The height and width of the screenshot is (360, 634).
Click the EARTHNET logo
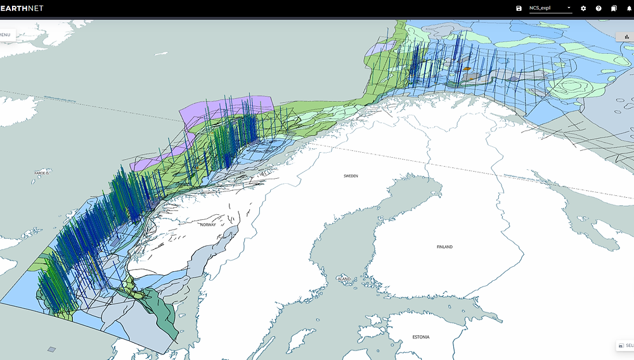[22, 8]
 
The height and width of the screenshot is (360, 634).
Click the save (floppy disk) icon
[519, 8]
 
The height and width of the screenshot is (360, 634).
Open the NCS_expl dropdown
[550, 8]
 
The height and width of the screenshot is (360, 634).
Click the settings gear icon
[583, 8]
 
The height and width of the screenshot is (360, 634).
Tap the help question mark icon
[598, 8]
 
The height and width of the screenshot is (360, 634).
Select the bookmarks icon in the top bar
[614, 8]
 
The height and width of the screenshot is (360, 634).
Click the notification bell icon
[629, 8]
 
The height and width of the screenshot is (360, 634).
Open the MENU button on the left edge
[6, 34]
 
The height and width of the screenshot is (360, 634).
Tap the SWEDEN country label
[351, 176]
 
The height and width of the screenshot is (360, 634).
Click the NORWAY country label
[208, 224]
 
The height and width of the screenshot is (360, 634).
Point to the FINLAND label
[444, 247]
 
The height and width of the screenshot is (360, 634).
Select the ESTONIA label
[420, 337]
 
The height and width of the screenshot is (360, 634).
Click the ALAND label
[344, 278]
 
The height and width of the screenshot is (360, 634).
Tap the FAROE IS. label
[42, 172]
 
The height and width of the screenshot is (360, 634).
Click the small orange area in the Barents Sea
[467, 68]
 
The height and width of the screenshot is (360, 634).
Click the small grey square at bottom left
[52, 349]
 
